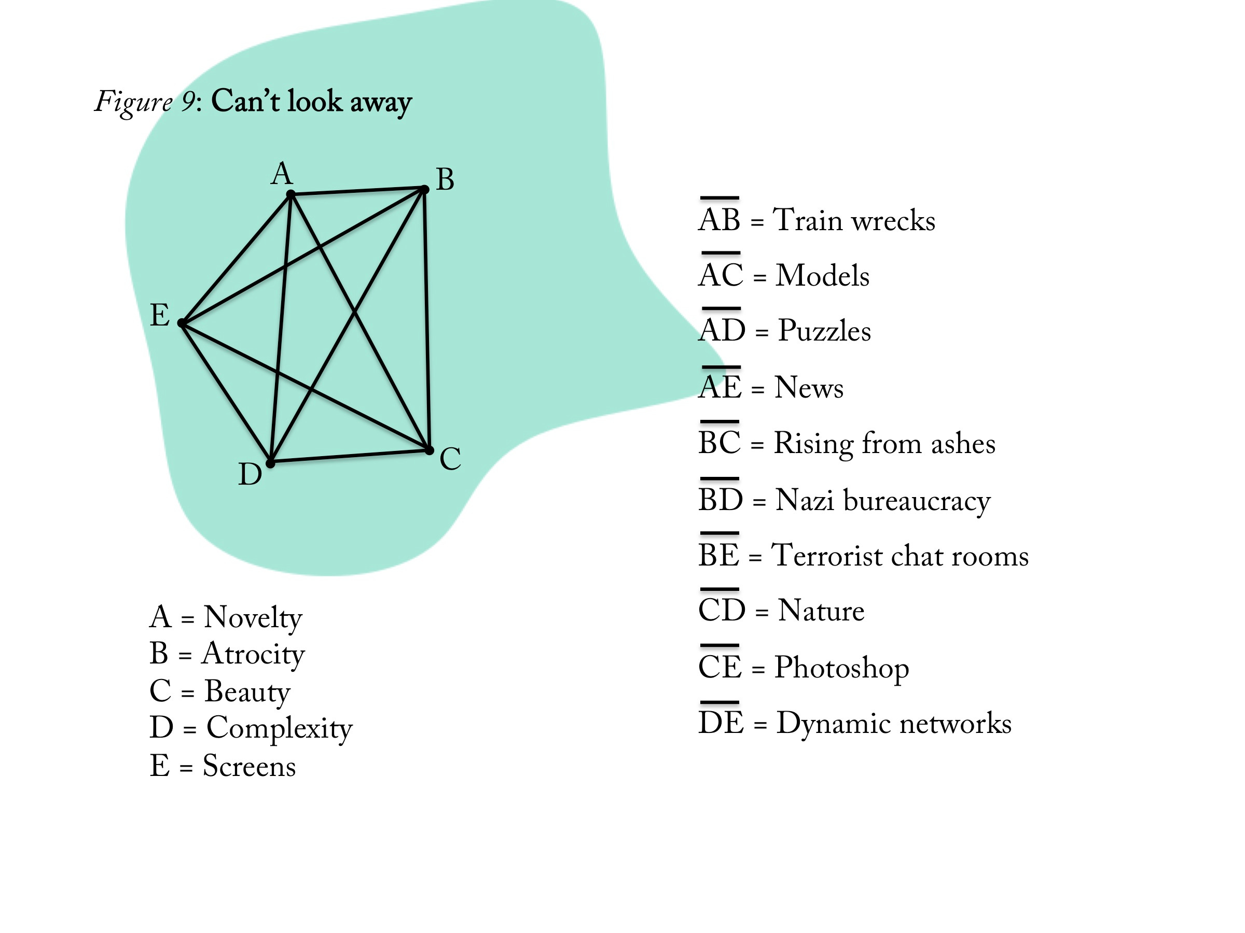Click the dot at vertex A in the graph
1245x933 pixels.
pos(290,194)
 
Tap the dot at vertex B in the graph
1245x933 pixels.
pos(424,190)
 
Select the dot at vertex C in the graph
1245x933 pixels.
pos(430,450)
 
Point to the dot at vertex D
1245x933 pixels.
pos(270,463)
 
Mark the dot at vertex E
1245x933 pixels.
pos(181,323)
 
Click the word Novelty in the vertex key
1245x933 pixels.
pos(253,618)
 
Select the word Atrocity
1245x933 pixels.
pos(253,655)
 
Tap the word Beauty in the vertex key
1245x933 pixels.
pos(247,692)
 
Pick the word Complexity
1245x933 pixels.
pos(279,729)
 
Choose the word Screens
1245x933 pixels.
pos(249,766)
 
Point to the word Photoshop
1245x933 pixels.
pos(841,668)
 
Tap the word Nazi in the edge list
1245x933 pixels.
pos(804,500)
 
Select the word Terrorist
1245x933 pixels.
pos(826,556)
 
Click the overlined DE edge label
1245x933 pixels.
pos(721,722)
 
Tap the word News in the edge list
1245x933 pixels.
pos(809,388)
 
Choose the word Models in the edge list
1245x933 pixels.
pos(822,276)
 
